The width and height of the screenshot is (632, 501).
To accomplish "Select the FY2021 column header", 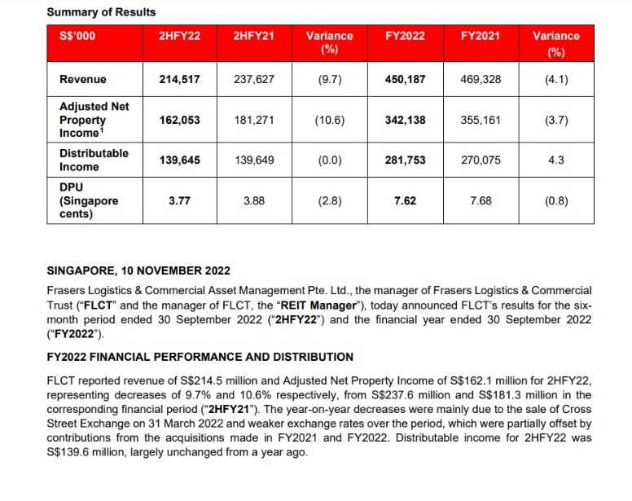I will coord(480,36).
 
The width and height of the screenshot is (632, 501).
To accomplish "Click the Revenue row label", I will coord(83,80).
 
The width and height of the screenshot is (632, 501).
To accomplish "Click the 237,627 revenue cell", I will coord(253,80).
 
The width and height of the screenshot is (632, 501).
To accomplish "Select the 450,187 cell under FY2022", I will coord(405,80).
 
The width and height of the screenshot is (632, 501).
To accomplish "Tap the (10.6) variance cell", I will coord(329,120).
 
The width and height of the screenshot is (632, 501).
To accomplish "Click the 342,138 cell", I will coord(405,120).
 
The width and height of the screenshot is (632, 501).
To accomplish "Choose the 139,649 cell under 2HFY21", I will coord(253,160).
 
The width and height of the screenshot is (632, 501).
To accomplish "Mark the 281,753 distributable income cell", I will coord(405,160).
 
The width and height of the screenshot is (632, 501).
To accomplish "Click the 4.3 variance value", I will coord(556,160).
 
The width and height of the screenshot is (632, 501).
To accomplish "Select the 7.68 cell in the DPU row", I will coord(480,200).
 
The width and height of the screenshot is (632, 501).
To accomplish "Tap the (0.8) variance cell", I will coord(556,200).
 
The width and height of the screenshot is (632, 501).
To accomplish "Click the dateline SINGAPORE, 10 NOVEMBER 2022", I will coord(138,270).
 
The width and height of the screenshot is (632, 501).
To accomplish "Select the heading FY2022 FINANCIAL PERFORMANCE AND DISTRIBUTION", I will coord(200,357).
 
